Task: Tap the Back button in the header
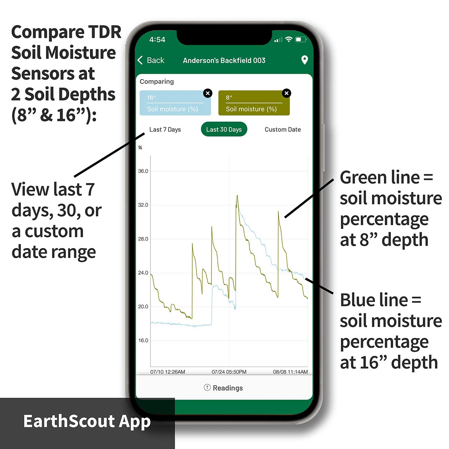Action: (x=151, y=60)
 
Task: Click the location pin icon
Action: (x=304, y=60)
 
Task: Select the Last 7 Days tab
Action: (x=165, y=129)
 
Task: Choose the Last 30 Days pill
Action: (x=224, y=129)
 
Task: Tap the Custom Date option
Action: (x=282, y=129)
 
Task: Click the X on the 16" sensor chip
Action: (x=208, y=93)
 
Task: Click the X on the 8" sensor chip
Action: (x=286, y=93)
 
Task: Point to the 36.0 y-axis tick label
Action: (x=143, y=171)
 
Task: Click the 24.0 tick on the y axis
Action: (x=143, y=273)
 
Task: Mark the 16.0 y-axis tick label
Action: (x=143, y=340)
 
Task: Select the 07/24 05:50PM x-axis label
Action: (x=229, y=372)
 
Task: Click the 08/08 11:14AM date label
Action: (x=290, y=372)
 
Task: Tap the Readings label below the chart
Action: (x=227, y=388)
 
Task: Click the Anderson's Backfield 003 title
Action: (x=224, y=60)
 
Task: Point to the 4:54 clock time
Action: (x=157, y=40)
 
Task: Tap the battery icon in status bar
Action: (x=301, y=39)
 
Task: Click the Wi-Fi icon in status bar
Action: (x=289, y=39)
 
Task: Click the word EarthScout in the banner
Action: (x=69, y=421)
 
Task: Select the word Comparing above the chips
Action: (x=156, y=82)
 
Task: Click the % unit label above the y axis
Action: (x=140, y=147)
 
